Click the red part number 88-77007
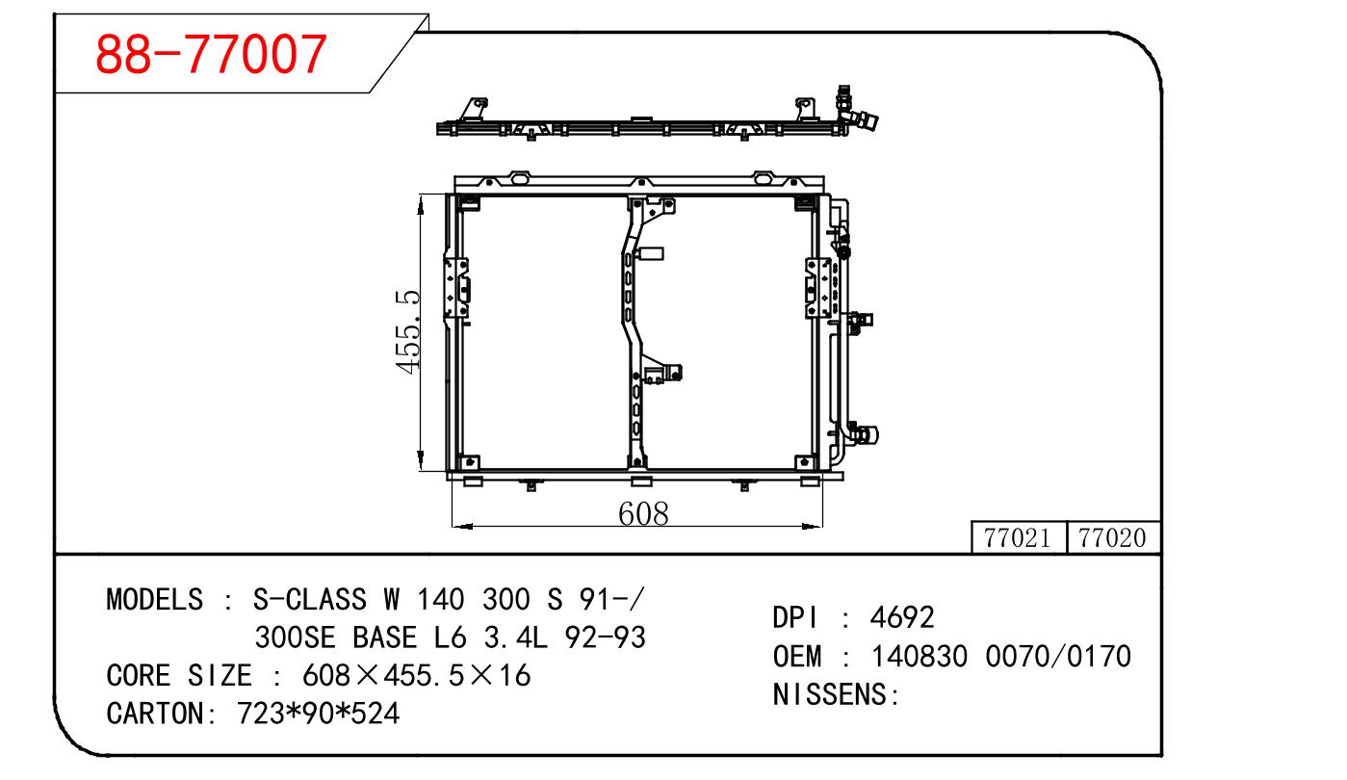(x=211, y=54)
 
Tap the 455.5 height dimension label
(x=407, y=332)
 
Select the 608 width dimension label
(x=643, y=514)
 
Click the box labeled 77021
(x=1019, y=537)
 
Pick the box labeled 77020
(x=1113, y=537)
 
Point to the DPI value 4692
(x=902, y=617)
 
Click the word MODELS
(x=155, y=600)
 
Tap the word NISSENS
(x=829, y=694)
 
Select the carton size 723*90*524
(x=318, y=714)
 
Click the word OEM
(x=797, y=656)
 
